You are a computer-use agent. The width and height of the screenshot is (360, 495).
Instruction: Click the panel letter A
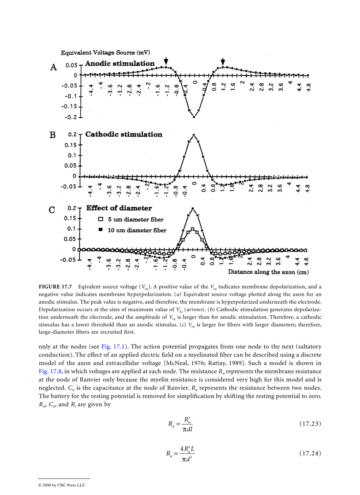[53, 67]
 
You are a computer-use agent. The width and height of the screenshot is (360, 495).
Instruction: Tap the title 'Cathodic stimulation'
[124, 134]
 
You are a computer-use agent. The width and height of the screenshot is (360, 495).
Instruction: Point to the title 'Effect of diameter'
[119, 208]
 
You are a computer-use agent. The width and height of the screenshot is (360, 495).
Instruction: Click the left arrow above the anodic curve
[166, 61]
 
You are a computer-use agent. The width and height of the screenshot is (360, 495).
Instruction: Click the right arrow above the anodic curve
[223, 61]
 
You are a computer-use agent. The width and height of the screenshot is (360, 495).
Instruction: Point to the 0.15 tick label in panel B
[70, 145]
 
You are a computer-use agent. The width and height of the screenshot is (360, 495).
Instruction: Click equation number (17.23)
[310, 424]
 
